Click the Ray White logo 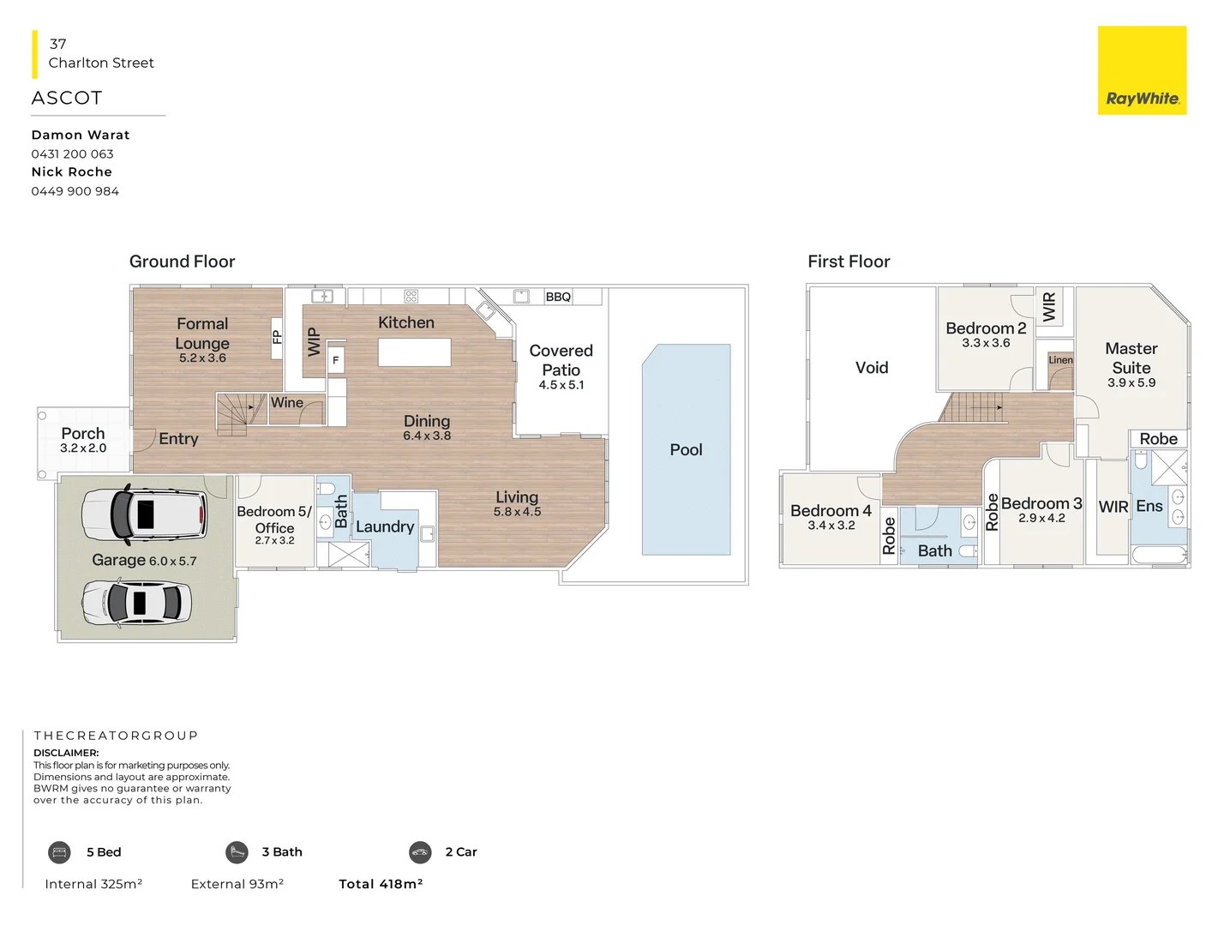(x=1142, y=71)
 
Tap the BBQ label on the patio (x=558, y=297)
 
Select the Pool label (x=686, y=450)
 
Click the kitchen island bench (x=414, y=352)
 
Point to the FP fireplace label (x=277, y=337)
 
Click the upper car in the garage (x=144, y=514)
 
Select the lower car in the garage (x=137, y=602)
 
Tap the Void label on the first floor (x=872, y=368)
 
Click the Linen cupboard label (x=1060, y=360)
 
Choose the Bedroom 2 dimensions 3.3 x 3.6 (x=986, y=343)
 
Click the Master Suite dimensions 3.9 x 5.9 (x=1131, y=383)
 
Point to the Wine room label (x=287, y=403)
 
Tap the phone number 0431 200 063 (x=72, y=154)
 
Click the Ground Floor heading (x=182, y=262)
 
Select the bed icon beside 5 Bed (x=59, y=852)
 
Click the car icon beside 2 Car (x=420, y=852)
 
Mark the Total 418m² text (x=381, y=884)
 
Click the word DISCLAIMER (x=66, y=753)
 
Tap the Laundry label (x=385, y=527)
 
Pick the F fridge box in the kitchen (x=336, y=361)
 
